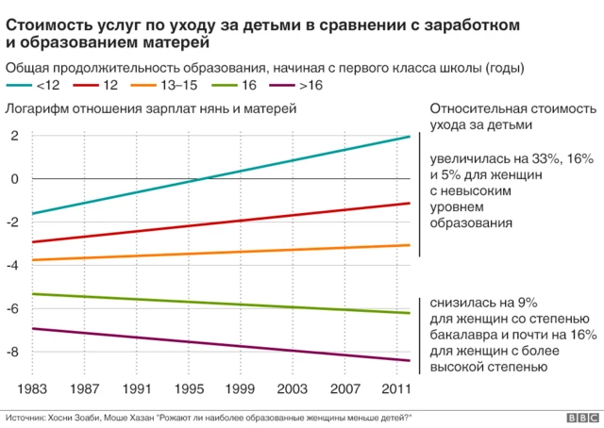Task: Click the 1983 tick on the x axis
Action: (32, 388)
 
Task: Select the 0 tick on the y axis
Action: (15, 179)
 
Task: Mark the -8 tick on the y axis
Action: (12, 353)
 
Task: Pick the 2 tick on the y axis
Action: (15, 136)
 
